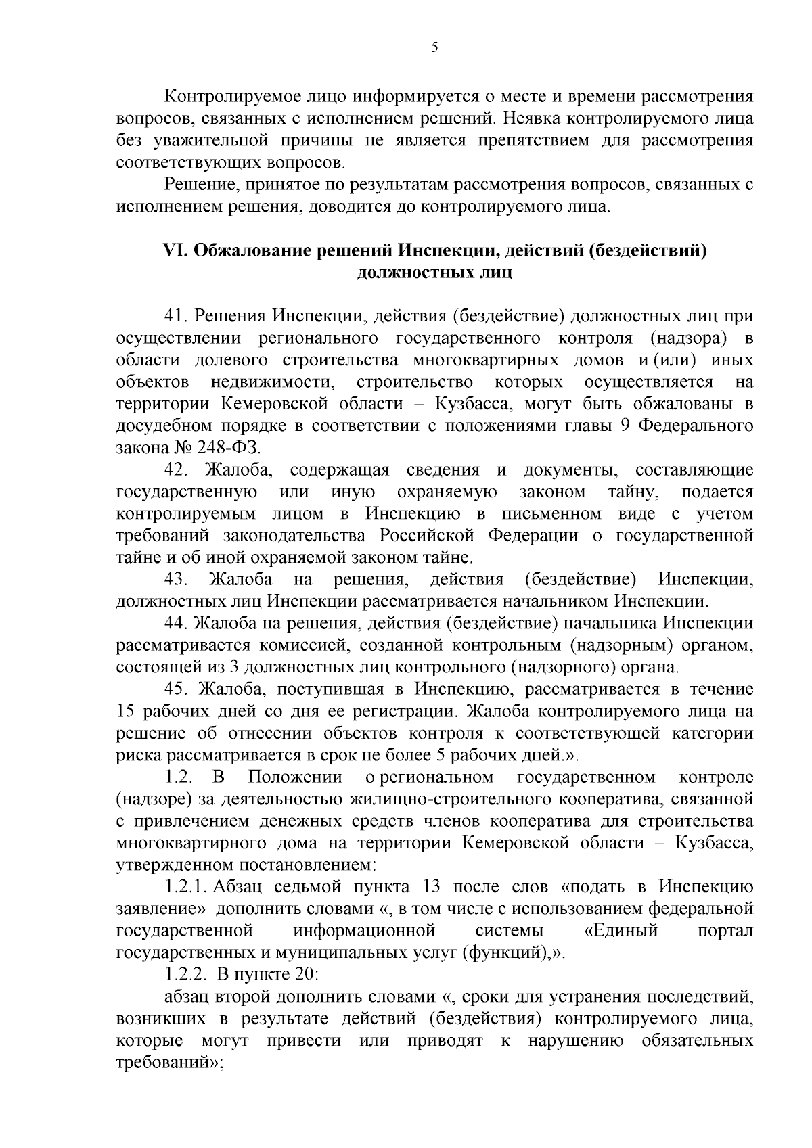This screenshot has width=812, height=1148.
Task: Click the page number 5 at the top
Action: point(434,47)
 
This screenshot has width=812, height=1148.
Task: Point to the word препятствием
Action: point(547,141)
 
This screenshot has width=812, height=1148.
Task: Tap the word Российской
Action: point(425,536)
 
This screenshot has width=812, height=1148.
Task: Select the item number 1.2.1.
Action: point(185,887)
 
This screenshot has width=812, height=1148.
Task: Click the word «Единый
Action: point(621,931)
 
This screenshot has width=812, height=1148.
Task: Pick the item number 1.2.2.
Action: point(185,974)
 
